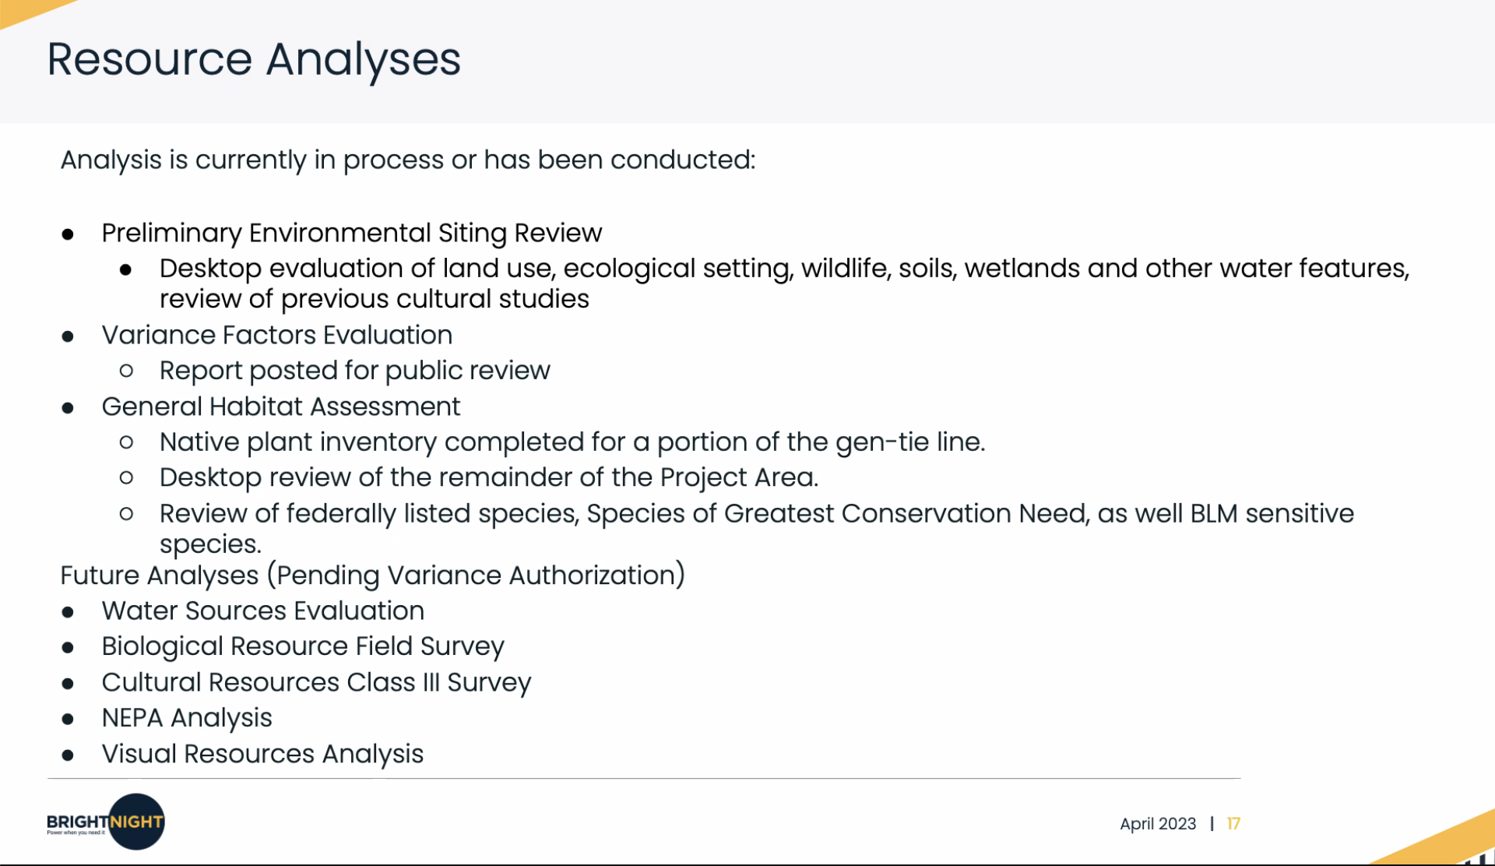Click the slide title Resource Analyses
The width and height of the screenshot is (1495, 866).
[254, 61]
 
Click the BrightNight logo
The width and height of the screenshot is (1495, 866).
[106, 822]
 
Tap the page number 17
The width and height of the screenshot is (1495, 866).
[1233, 824]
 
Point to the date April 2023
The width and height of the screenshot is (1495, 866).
[1158, 824]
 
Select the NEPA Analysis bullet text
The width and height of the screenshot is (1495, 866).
[187, 718]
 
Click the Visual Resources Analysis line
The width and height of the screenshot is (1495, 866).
[262, 754]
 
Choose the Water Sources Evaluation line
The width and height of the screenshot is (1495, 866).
[263, 611]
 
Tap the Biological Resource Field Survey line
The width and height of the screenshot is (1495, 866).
[303, 646]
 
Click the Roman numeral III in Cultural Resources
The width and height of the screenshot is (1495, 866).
[431, 682]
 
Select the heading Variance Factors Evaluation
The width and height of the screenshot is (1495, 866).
[277, 335]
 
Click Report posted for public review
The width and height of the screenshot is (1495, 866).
[355, 371]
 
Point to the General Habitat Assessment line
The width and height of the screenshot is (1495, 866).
[281, 407]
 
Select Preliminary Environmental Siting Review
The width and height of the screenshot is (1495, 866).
[352, 234]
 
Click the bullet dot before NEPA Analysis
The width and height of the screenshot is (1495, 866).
[69, 719]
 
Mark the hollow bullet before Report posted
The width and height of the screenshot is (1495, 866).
[126, 371]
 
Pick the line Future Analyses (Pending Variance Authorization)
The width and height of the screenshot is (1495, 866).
[373, 576]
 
